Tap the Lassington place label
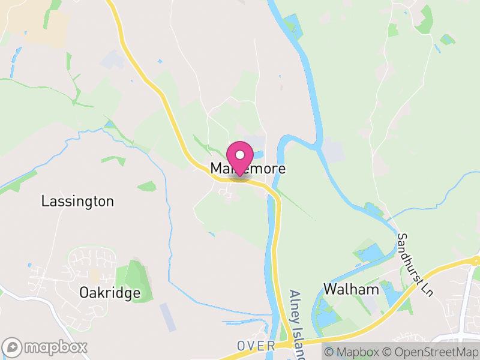click(x=77, y=201)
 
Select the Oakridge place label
click(x=110, y=293)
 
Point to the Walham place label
click(x=352, y=289)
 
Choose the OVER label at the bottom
click(x=256, y=346)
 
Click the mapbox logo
click(x=46, y=347)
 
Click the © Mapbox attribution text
click(x=352, y=352)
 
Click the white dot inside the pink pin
click(x=240, y=155)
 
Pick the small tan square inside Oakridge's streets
click(x=94, y=275)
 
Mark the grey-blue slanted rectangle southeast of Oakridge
click(x=168, y=317)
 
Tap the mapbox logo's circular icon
click(x=13, y=347)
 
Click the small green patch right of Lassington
click(x=146, y=187)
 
